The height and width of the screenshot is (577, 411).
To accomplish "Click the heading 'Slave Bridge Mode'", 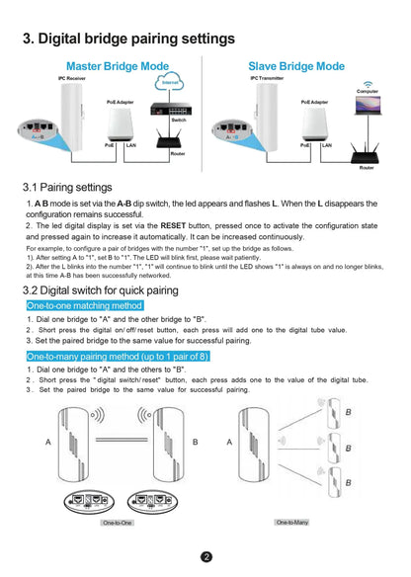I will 296,65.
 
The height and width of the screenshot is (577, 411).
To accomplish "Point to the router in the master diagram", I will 178,138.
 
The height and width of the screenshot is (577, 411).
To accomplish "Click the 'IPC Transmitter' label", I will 267,77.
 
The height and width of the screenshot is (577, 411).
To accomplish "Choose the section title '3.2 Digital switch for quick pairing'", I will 100,290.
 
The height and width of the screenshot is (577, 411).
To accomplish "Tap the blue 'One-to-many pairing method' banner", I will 117,355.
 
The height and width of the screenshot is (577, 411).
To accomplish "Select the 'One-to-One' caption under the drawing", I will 118,521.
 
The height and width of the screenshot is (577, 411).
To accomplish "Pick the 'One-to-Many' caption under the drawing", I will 291,521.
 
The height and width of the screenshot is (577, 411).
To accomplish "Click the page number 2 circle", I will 205,556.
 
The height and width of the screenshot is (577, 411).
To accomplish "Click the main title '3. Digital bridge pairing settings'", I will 128,40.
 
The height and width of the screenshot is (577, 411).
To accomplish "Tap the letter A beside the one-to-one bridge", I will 48,442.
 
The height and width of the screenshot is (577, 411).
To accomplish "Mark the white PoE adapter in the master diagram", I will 122,123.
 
